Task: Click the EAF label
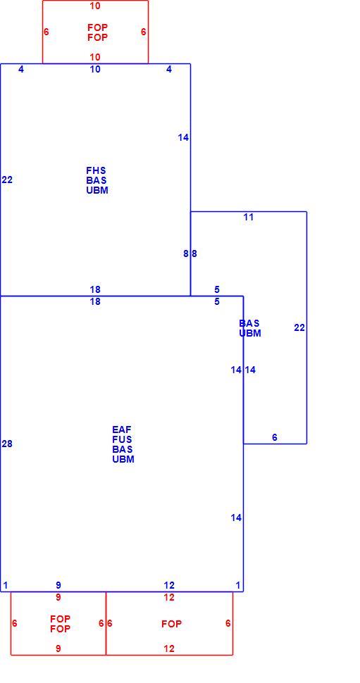122,430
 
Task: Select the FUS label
122,439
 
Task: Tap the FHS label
96,170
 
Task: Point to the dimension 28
7,444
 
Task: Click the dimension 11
249,217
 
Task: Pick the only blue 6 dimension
275,437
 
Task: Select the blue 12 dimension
169,585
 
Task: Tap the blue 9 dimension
58,585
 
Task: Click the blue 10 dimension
95,69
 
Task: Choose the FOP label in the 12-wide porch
171,624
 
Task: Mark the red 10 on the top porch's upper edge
95,6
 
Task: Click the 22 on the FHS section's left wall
7,180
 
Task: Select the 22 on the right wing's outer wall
299,327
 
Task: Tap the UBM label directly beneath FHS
97,190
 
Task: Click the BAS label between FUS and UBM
122,449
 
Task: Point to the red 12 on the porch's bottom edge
169,648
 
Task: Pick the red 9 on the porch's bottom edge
58,648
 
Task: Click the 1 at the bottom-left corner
6,585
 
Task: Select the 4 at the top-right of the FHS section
169,69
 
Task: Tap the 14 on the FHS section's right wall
183,137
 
